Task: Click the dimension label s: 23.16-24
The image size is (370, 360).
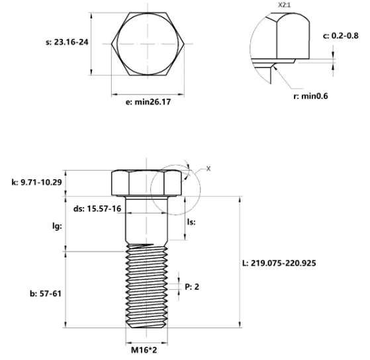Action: point(67,42)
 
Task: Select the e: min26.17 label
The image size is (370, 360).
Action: point(148,102)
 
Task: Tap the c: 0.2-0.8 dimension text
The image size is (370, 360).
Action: point(340,36)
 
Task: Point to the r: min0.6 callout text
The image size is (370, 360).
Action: point(310,96)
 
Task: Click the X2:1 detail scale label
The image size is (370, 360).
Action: point(284,5)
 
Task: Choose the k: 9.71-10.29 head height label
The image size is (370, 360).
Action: point(36,182)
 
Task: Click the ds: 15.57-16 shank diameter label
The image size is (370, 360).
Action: point(97,208)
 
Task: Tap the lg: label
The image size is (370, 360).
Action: point(57,226)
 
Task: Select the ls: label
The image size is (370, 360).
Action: point(191,222)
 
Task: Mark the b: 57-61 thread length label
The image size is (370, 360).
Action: point(46,294)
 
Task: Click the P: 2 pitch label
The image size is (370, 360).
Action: point(192,287)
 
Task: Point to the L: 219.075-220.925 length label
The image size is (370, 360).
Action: point(279,263)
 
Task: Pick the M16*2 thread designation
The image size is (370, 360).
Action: point(144,350)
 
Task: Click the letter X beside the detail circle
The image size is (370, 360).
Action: point(208,169)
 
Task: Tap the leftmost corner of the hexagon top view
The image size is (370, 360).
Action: point(111,44)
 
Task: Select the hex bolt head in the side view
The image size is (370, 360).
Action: point(146,183)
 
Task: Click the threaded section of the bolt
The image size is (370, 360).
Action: point(146,286)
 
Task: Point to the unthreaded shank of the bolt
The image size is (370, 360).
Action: point(146,220)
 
